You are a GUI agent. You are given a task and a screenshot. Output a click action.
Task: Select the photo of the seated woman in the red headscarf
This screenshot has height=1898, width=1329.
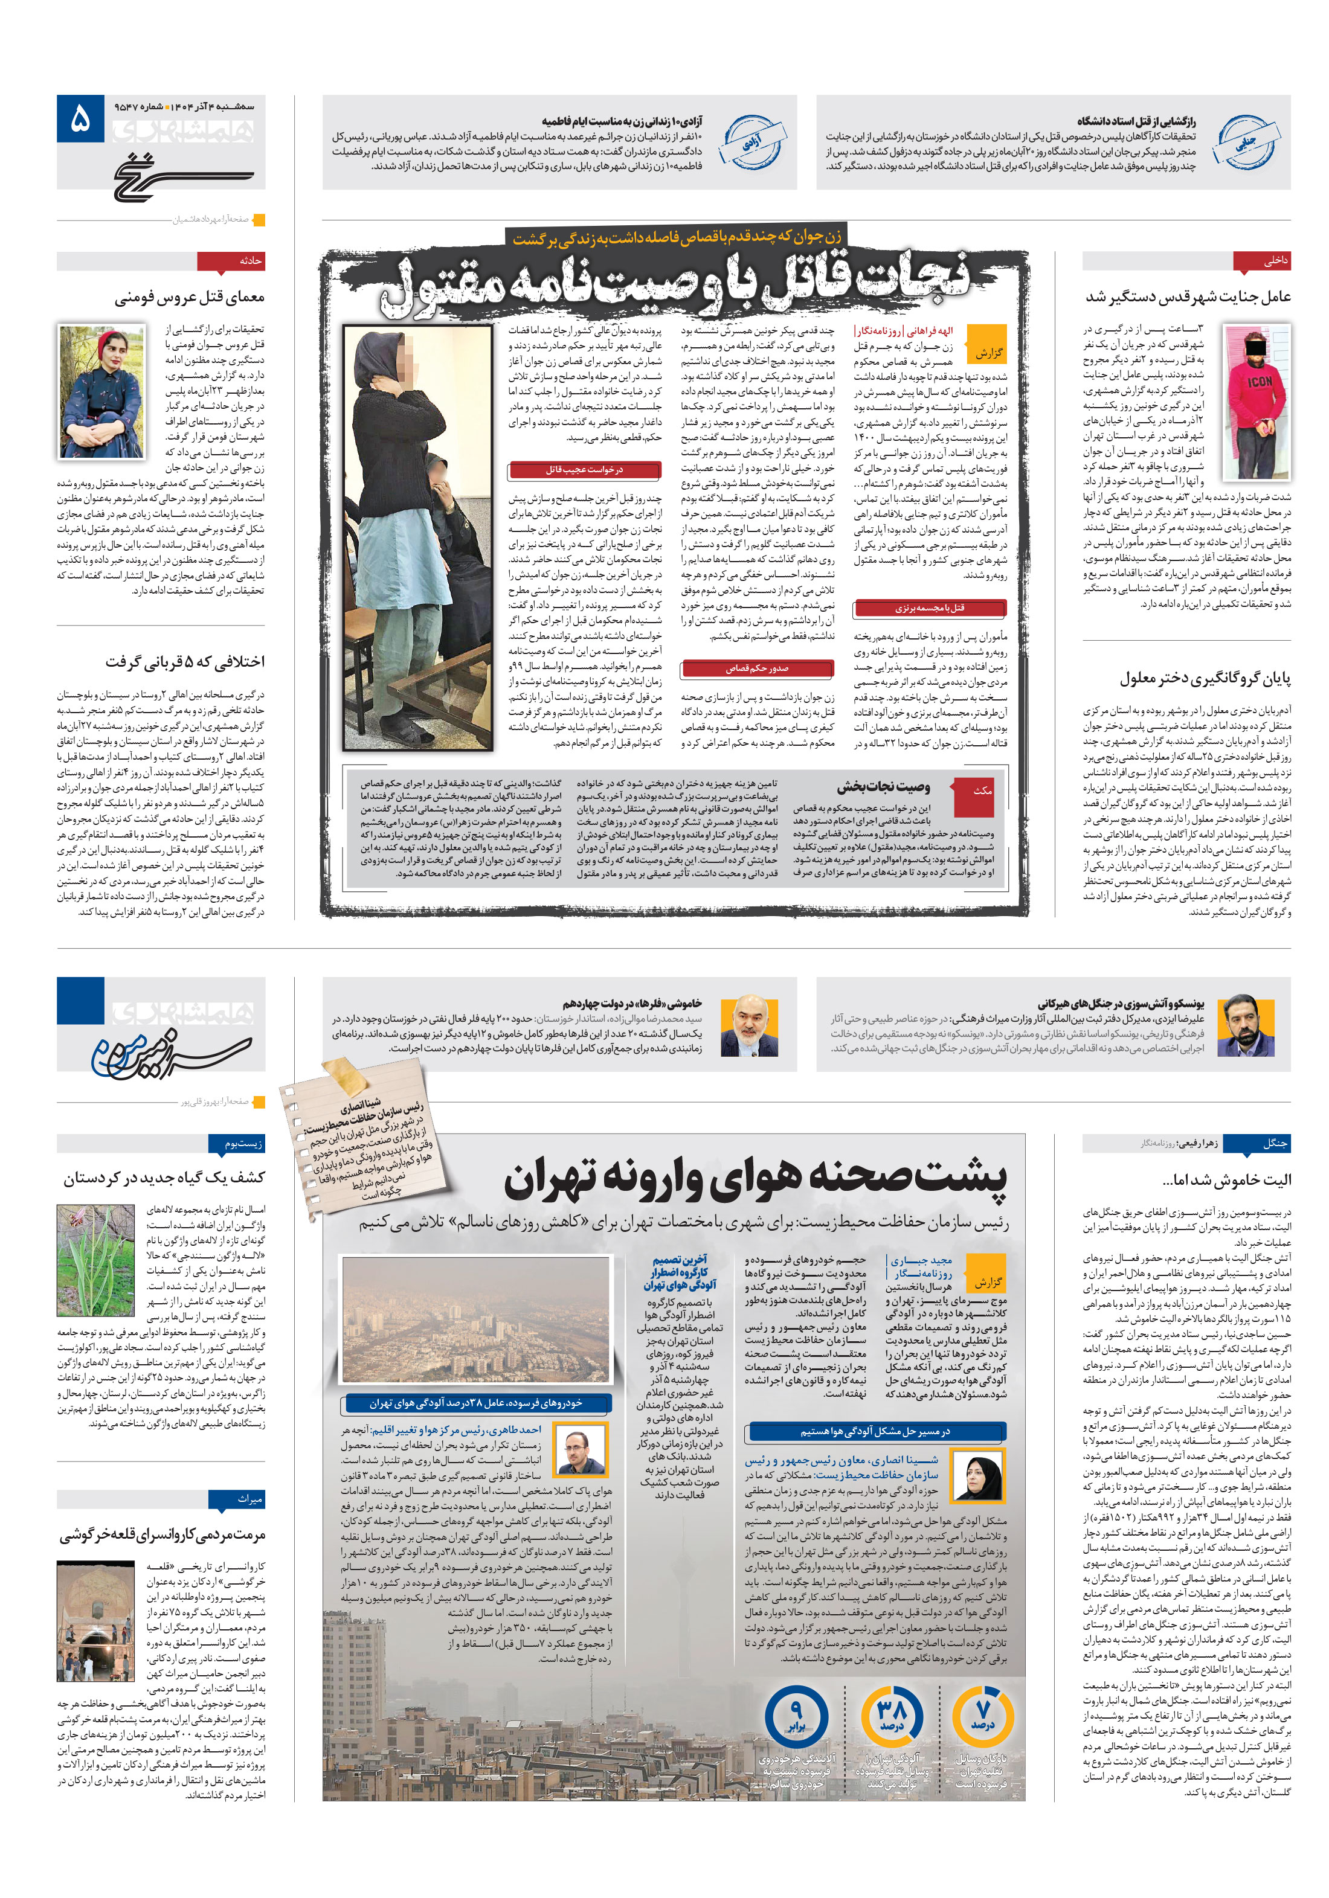pyautogui.click(x=101, y=391)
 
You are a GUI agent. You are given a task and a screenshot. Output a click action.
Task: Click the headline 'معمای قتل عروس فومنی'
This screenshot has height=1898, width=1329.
pyautogui.click(x=190, y=297)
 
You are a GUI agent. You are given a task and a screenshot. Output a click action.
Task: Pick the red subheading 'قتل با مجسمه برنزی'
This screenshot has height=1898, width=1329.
pyautogui.click(x=930, y=609)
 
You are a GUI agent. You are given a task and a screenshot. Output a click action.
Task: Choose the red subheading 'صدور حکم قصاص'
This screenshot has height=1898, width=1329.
pyautogui.click(x=757, y=668)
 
